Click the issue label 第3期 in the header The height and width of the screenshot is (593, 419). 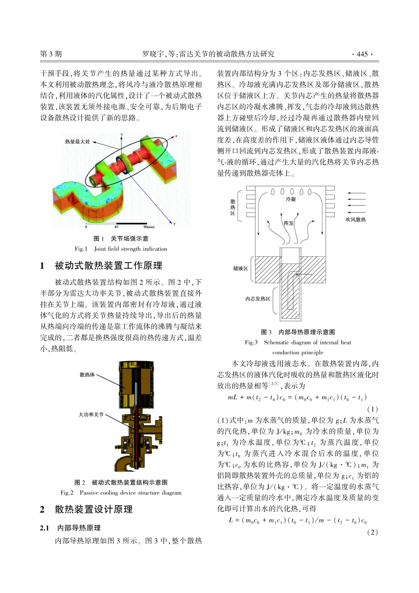tap(51, 54)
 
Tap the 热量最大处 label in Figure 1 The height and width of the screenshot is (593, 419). tap(77, 142)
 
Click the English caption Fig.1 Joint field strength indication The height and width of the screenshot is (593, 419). tap(121, 249)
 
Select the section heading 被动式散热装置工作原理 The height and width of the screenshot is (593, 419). tap(108, 266)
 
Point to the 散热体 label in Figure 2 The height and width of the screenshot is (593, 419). tap(87, 375)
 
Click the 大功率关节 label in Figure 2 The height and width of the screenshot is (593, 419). tap(91, 415)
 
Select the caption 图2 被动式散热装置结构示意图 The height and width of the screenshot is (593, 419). tap(121, 482)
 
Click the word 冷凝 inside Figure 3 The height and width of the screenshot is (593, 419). tap(291, 200)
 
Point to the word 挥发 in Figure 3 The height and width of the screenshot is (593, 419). tap(288, 223)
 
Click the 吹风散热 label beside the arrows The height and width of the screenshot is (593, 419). tap(355, 219)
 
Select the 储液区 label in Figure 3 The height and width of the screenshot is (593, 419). tap(240, 269)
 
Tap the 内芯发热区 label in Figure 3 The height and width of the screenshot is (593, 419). tap(258, 299)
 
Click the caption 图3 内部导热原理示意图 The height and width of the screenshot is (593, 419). tap(298, 332)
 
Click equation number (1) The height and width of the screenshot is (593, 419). tap(372, 409)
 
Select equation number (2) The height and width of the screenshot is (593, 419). tap(372, 532)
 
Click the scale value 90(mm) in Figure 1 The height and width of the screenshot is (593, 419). tap(149, 227)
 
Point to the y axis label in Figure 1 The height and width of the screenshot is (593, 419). tap(174, 224)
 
